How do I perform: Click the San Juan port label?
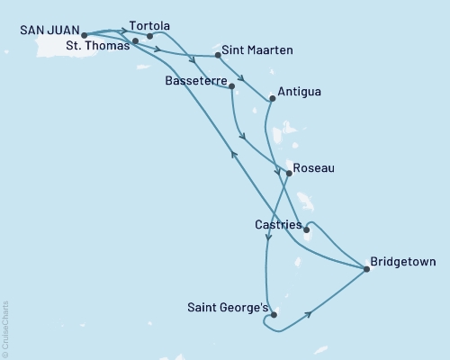tap(48, 29)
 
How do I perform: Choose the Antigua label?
tap(301, 92)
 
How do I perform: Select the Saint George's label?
tap(227, 308)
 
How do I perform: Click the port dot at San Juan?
tap(84, 37)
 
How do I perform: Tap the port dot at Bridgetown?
tap(365, 268)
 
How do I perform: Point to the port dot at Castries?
tap(307, 229)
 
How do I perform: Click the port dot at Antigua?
tap(273, 98)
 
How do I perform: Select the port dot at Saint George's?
tap(273, 315)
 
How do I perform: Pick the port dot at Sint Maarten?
tap(218, 56)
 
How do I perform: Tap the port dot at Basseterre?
tap(232, 86)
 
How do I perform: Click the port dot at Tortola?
tap(149, 36)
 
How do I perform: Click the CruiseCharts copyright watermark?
tap(5, 328)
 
